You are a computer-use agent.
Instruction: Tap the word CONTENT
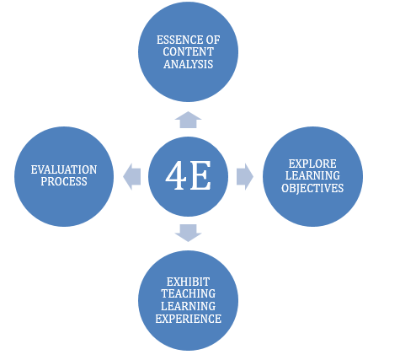189,52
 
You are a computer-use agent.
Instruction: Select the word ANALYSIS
189,64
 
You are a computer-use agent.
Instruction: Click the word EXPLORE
312,164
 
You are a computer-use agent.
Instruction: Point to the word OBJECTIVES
312,188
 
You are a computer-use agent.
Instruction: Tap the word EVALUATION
64,169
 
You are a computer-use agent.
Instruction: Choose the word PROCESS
64,182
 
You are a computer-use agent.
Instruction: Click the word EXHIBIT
188,282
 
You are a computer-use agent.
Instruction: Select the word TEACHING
189,293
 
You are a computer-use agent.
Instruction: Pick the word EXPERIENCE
189,319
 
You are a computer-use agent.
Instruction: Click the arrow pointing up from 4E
188,120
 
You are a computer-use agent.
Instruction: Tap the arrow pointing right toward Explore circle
245,177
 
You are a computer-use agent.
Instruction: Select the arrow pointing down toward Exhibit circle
188,233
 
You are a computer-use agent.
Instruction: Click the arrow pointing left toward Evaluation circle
131,177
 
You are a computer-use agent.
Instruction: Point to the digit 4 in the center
176,175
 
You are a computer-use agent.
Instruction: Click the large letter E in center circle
200,175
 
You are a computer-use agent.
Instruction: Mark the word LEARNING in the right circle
312,175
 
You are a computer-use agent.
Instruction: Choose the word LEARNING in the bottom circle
189,306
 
